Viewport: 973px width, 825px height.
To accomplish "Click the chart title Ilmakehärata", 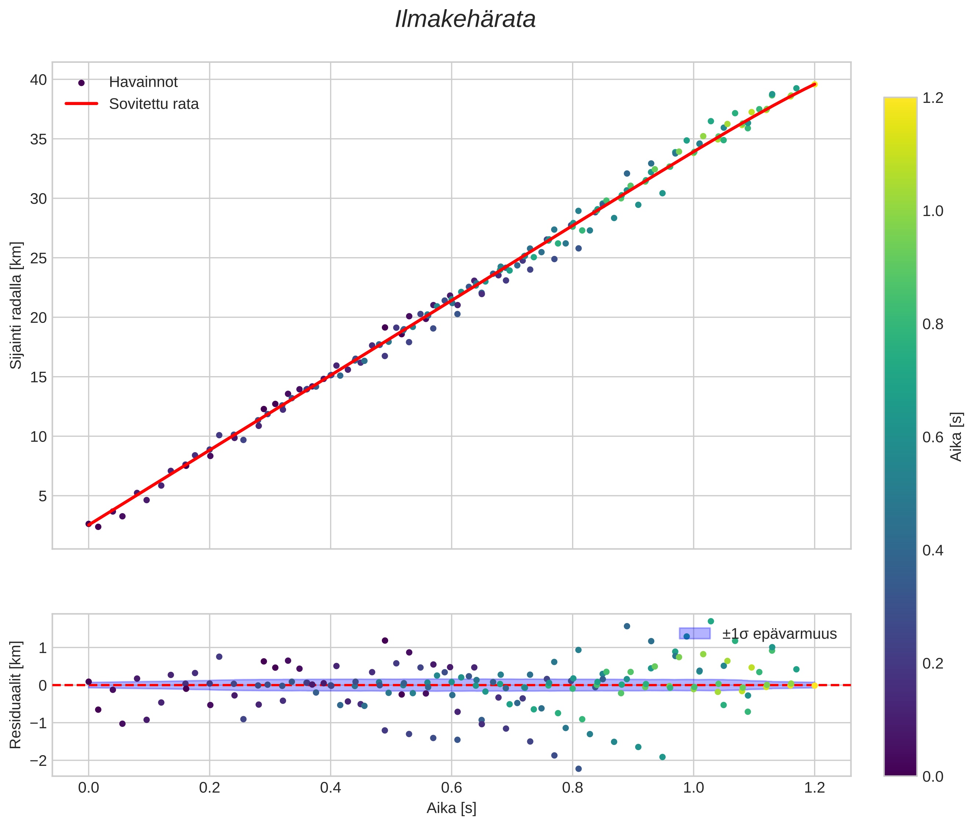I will point(465,19).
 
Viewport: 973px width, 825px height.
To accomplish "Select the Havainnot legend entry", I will point(143,82).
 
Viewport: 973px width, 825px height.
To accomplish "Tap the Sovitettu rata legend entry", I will point(154,104).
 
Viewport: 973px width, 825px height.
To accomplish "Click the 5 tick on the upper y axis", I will point(43,496).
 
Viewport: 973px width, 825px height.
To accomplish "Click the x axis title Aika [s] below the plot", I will point(451,808).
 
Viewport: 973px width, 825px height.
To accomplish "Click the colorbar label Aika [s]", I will point(956,437).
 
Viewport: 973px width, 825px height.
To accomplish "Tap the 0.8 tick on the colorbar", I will point(933,324).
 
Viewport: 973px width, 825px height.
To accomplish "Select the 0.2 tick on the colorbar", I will point(933,663).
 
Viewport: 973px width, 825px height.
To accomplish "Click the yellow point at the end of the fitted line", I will point(814,84).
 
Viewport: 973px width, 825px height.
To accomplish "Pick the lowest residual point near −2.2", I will point(578,769).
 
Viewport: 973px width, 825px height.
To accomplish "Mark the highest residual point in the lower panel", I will point(711,622).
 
